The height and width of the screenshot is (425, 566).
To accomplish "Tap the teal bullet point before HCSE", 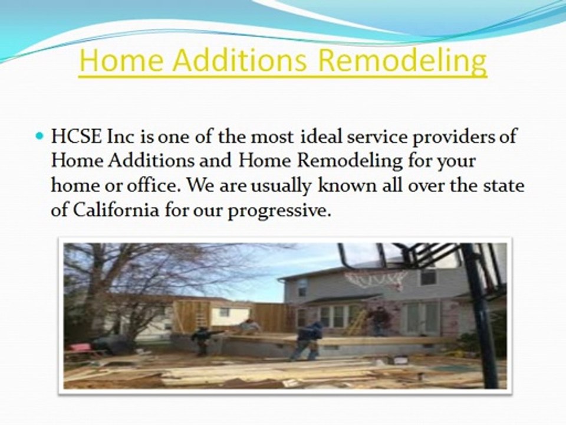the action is click(x=40, y=136).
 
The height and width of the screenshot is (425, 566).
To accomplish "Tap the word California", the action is click(x=116, y=210).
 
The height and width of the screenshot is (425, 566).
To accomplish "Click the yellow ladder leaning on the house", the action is click(x=354, y=322).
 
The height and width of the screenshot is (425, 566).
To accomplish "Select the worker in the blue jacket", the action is click(x=308, y=341).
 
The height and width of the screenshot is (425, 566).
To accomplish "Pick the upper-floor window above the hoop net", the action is click(x=429, y=277).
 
